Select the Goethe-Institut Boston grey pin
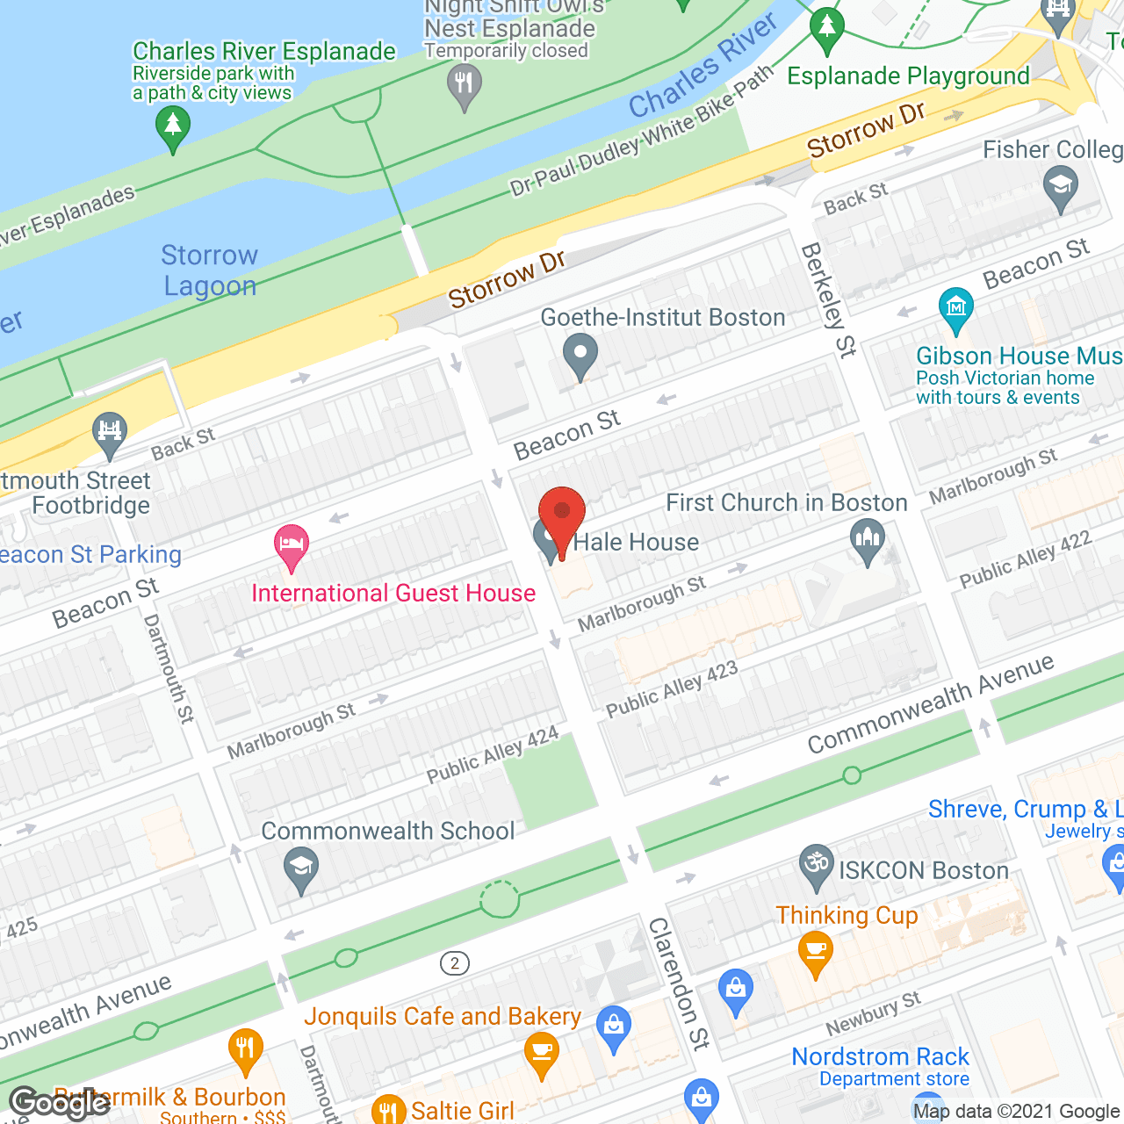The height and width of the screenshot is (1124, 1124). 580,355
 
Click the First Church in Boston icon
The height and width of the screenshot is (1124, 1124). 868,540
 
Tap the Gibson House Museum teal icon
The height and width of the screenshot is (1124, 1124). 955,308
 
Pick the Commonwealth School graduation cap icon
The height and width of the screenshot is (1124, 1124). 300,868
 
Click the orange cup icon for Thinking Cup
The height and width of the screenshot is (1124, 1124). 816,952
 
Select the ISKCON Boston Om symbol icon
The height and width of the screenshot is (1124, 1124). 817,865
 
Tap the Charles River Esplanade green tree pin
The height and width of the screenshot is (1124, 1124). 173,127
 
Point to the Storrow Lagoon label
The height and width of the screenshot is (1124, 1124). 210,270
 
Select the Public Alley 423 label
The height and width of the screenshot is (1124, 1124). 672,689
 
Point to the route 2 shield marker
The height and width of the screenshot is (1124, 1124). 454,963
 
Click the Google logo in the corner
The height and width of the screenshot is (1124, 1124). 60,1103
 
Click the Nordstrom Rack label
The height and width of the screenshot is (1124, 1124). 880,1056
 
